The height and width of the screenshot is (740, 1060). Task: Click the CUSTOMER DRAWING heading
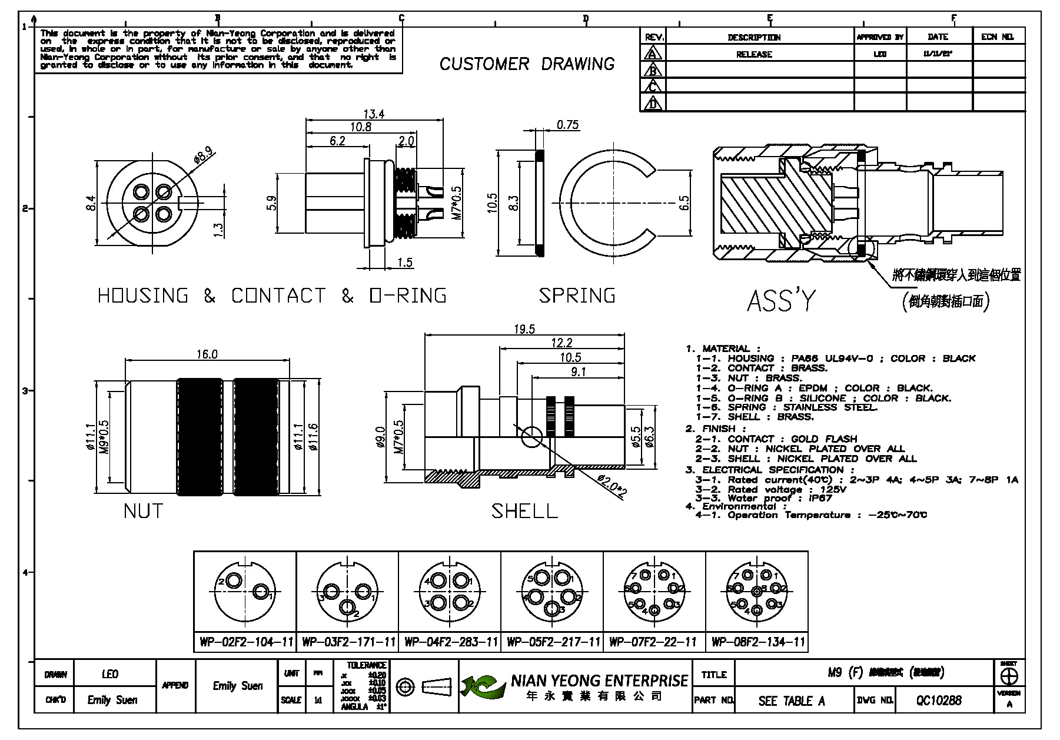point(527,64)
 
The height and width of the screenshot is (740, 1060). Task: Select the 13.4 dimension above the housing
point(374,114)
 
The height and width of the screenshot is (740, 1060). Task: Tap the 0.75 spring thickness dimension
point(568,125)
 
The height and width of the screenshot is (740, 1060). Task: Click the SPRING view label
point(577,295)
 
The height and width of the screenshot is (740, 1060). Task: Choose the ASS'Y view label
point(782,300)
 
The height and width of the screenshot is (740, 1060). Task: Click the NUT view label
point(143,510)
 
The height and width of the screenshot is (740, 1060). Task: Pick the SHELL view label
point(524,511)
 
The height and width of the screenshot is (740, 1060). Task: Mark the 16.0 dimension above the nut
point(207,354)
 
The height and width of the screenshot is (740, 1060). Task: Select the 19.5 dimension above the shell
point(524,329)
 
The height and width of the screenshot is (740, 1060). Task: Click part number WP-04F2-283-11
point(450,642)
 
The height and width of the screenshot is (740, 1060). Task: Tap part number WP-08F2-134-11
point(757,642)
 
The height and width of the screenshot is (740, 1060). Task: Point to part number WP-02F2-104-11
point(245,642)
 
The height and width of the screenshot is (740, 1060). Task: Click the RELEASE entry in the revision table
point(754,54)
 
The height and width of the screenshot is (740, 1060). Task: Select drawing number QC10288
point(939,700)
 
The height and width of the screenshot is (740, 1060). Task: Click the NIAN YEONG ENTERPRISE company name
point(599,681)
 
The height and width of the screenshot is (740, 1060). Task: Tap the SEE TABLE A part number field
point(792,701)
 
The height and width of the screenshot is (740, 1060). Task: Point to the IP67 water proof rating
point(820,498)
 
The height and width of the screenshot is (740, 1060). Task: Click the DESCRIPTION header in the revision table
point(754,37)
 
